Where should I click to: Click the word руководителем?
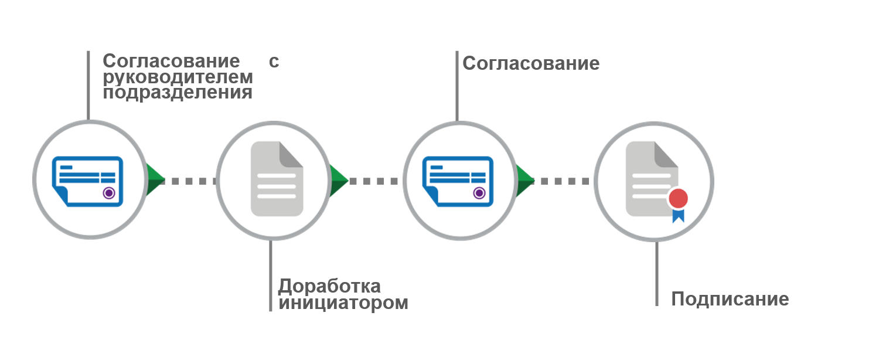click(x=178, y=77)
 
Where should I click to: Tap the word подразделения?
click(x=178, y=93)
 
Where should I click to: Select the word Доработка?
click(x=329, y=286)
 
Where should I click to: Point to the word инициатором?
click(x=343, y=303)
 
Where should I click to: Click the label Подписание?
click(x=730, y=299)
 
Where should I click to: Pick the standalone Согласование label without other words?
click(x=531, y=63)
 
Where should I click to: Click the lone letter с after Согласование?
click(x=274, y=62)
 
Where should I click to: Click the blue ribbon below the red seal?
click(x=678, y=215)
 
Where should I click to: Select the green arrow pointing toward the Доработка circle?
click(x=154, y=180)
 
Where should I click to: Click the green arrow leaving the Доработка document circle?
click(x=338, y=180)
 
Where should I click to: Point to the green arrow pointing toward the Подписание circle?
click(x=523, y=180)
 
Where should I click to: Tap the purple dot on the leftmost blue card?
click(x=108, y=192)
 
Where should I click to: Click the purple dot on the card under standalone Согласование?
click(x=479, y=192)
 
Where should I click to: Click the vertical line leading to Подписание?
click(x=657, y=273)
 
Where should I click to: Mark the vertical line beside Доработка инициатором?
click(x=270, y=276)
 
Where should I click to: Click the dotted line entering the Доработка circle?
click(x=190, y=181)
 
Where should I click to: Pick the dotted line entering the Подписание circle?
click(x=563, y=181)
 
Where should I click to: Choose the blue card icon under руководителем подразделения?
click(x=88, y=180)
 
